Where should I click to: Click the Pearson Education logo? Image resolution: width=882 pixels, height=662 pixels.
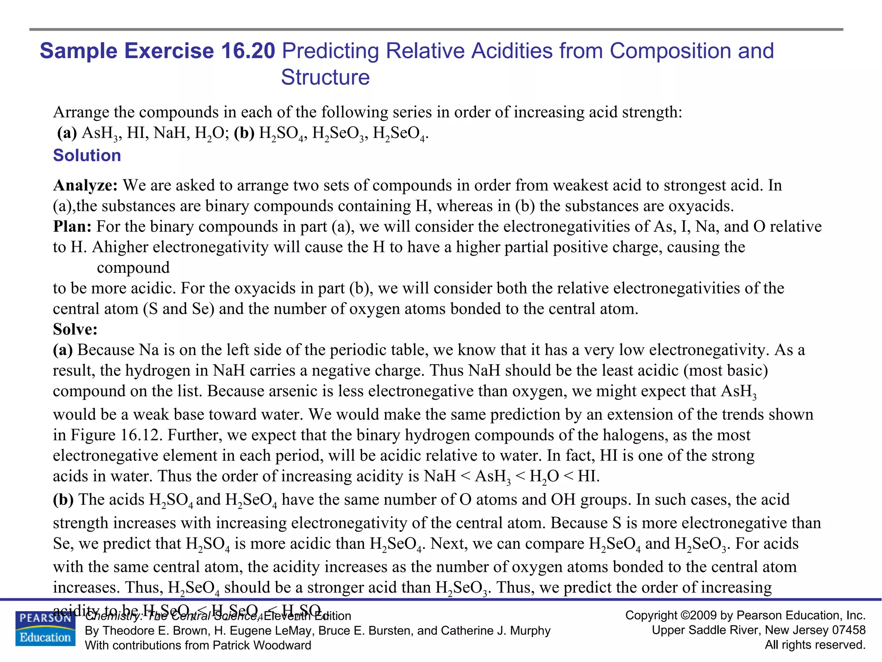45,629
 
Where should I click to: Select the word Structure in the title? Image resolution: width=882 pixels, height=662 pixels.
325,78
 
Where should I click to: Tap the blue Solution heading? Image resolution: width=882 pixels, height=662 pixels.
87,156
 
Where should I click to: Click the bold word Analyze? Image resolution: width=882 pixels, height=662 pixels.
85,185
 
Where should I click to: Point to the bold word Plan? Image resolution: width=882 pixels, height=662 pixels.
72,227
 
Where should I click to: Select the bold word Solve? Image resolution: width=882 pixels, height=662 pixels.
75,329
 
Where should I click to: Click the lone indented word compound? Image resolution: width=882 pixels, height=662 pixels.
133,268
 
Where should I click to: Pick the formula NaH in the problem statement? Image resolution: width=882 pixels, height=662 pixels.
169,133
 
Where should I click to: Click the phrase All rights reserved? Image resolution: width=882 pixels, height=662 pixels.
815,645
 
